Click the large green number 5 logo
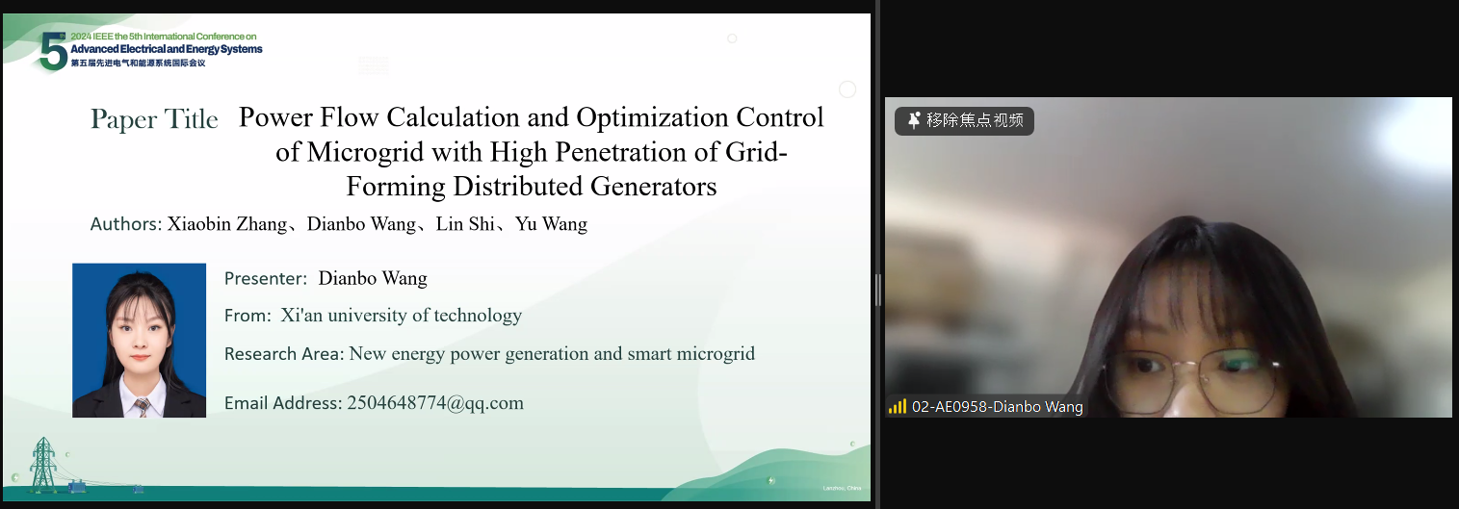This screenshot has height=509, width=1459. coord(53,52)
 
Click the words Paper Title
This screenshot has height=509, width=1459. coord(154,119)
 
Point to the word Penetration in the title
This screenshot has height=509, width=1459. coord(621,152)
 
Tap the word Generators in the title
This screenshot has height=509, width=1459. coord(653,187)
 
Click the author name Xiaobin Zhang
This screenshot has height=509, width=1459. coord(227,224)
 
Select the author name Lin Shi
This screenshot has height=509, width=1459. coord(465,224)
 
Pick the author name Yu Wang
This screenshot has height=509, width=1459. coord(551,224)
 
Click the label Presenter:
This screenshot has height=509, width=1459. coord(266,279)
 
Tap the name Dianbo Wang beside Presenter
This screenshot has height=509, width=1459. coord(373,279)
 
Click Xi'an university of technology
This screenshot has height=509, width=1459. coord(402,316)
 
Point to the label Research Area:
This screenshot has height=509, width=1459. coord(284,354)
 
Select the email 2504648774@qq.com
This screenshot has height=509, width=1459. coord(435,403)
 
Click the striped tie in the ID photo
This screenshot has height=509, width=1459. coord(142,408)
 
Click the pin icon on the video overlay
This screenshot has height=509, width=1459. coord(914,120)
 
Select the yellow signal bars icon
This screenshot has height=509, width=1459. coord(898,407)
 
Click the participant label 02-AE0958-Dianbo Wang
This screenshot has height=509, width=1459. coord(997,407)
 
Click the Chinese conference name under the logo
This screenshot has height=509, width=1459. coord(138,64)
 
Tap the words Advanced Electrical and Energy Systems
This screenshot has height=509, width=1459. coord(166,49)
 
